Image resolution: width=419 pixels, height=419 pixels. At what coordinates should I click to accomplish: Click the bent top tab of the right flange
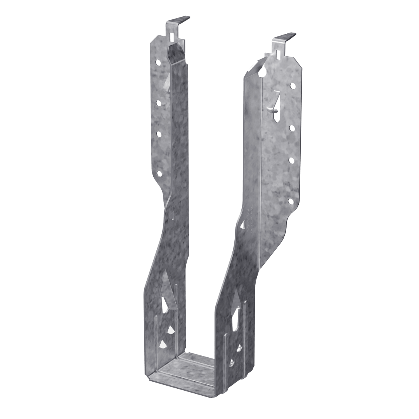pos(285,38)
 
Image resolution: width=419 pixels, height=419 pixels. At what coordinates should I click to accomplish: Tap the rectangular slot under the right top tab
pos(278,54)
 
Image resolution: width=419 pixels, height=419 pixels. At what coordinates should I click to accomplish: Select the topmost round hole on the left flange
pos(159,62)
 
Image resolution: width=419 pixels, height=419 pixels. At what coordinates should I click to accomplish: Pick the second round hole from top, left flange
pos(159,103)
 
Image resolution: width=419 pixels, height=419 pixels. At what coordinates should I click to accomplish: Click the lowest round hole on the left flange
pos(158,174)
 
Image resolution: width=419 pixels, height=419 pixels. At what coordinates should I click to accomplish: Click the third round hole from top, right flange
pos(292,160)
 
